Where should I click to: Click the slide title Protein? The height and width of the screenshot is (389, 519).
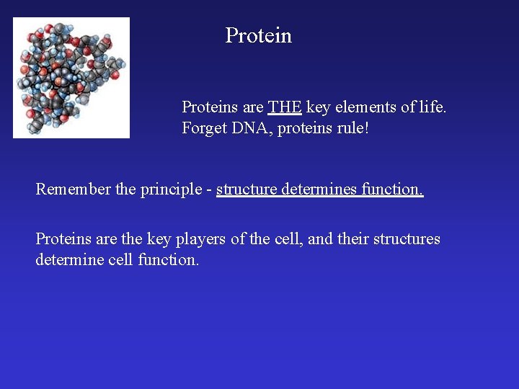(x=258, y=35)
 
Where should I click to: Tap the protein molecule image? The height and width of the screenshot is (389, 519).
(x=71, y=77)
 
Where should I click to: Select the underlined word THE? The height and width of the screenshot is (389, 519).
(x=285, y=107)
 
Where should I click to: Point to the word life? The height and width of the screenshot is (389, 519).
(x=431, y=107)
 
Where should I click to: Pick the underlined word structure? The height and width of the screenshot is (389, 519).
(x=246, y=189)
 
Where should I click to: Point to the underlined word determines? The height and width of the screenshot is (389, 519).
(x=319, y=189)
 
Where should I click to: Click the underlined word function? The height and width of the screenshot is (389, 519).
(x=392, y=189)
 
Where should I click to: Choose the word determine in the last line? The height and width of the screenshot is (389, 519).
(x=69, y=259)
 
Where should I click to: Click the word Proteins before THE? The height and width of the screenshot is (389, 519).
(x=210, y=107)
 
